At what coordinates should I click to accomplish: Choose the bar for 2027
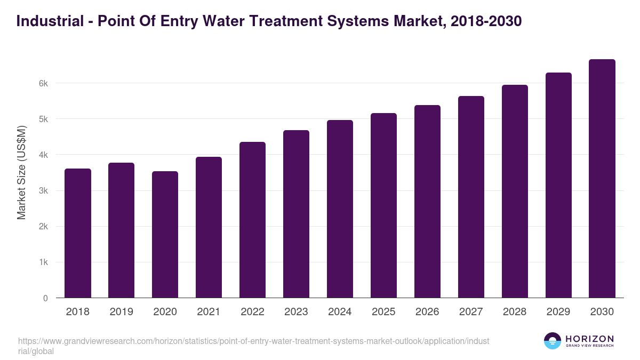click(471, 197)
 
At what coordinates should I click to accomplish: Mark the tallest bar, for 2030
click(602, 179)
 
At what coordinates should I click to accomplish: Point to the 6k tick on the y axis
click(44, 83)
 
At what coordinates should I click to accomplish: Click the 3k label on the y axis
click(44, 191)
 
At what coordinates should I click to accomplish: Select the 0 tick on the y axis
click(46, 298)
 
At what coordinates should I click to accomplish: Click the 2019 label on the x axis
click(122, 312)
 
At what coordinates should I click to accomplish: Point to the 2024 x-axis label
click(340, 312)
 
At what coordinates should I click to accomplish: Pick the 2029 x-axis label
click(558, 312)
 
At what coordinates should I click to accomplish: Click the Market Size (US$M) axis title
click(22, 172)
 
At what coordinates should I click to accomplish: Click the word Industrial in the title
click(47, 21)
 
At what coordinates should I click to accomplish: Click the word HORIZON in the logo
click(589, 339)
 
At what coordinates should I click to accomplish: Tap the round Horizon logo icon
click(553, 341)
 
